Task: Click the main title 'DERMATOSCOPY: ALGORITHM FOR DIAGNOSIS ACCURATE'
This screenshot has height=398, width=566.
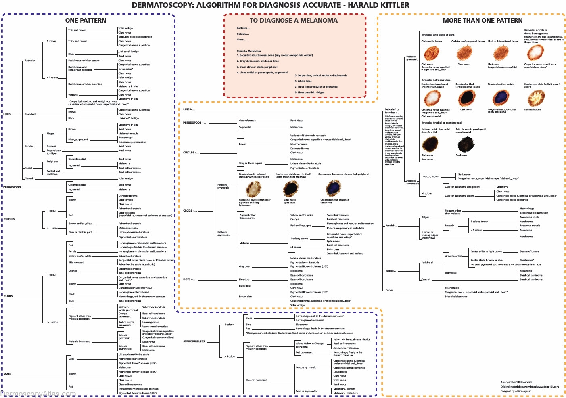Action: pos(270,5)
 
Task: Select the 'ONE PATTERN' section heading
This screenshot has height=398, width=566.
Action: pos(86,21)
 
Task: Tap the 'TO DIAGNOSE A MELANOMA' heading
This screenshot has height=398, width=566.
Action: pos(293,21)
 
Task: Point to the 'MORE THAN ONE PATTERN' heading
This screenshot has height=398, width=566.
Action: pos(482,21)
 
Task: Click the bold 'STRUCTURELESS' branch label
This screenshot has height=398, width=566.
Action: pos(194,341)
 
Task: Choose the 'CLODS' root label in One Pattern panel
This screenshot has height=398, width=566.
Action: pos(8,296)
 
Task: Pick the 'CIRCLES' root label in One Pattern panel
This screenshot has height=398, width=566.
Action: pos(9,219)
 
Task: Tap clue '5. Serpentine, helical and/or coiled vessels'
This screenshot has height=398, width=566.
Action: pos(321,75)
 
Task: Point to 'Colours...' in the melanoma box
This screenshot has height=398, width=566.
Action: pos(243,34)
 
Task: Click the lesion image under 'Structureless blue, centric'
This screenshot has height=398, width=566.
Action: pos(501,97)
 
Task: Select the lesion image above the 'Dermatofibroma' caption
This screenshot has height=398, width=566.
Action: pos(536,97)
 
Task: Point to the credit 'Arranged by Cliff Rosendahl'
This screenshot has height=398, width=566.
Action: pos(516,382)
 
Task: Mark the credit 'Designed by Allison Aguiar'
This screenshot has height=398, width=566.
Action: pos(516,391)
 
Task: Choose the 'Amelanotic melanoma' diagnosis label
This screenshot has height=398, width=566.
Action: pos(346,348)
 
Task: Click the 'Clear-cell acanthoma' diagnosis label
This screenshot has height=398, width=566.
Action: pos(130,385)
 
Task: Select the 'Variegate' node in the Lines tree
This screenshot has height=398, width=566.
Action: pos(73,95)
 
